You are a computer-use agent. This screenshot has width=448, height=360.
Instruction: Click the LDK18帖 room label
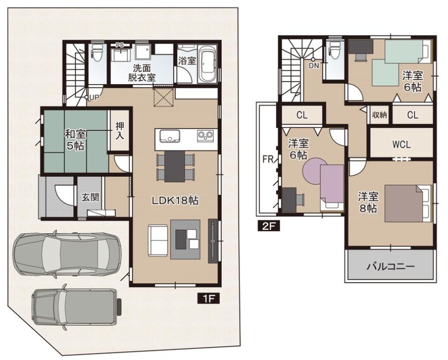point(175,200)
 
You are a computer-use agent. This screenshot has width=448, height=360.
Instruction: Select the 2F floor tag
point(269,226)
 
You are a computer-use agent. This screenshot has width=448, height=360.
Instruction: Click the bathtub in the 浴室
point(208,64)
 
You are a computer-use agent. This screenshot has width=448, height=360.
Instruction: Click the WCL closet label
point(401,145)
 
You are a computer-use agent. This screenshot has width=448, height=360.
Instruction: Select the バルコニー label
point(390,267)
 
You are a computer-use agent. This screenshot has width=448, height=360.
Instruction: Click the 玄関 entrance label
point(90,197)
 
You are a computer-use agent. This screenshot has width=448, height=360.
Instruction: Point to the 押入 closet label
point(120,131)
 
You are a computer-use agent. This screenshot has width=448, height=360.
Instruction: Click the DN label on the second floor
point(313,66)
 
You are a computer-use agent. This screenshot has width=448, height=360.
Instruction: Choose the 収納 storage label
point(379,115)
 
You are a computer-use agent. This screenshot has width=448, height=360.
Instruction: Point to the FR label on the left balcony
point(268,160)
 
